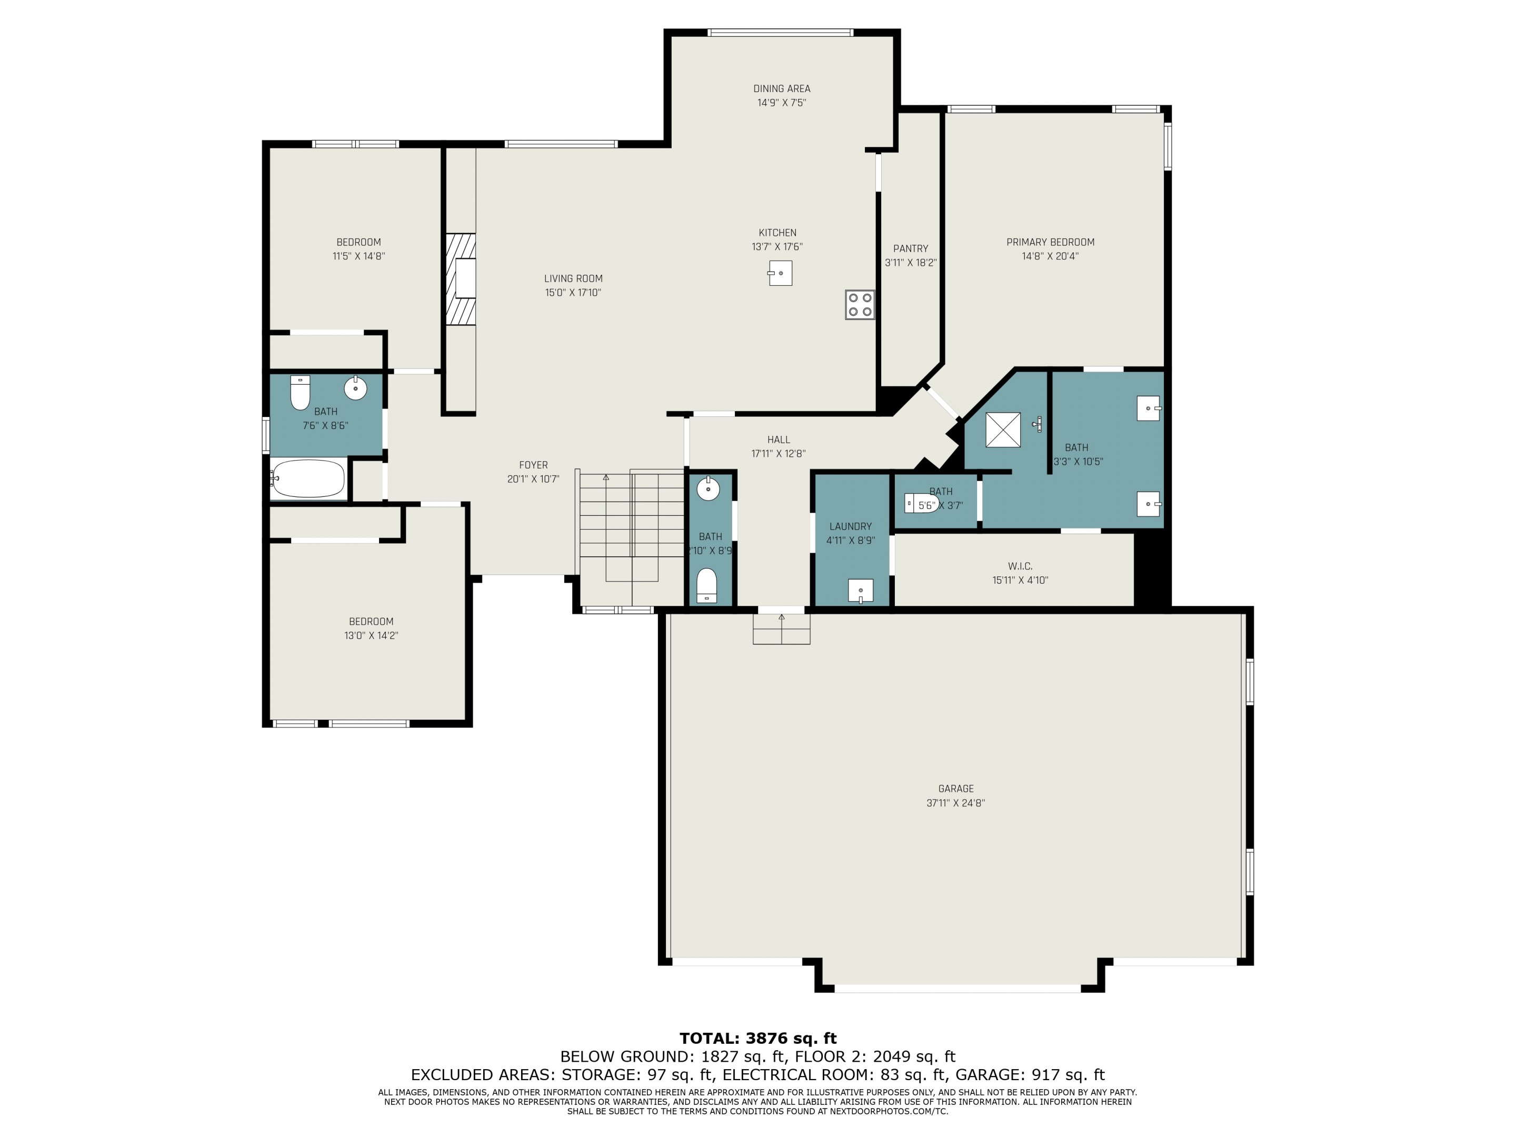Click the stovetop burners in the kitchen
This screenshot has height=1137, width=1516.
[x=860, y=305]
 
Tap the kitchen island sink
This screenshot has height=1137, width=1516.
[x=780, y=273]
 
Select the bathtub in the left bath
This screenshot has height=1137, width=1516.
[x=308, y=478]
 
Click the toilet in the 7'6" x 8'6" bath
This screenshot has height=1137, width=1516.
[x=300, y=393]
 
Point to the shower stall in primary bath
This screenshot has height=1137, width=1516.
[x=1003, y=430]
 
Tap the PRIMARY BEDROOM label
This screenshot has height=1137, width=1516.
[x=1050, y=242]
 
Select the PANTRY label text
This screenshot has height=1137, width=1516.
[x=910, y=249]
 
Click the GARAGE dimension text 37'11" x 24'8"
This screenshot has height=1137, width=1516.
[x=955, y=803]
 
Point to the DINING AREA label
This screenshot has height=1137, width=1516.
[x=781, y=88]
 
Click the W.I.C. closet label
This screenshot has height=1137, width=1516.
[x=1020, y=566]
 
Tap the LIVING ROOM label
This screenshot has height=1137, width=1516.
[x=573, y=278]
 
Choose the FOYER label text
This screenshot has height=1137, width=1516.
[x=533, y=465]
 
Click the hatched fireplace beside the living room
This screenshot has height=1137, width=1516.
[x=461, y=279]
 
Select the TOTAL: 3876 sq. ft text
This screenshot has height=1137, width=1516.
[x=758, y=1039]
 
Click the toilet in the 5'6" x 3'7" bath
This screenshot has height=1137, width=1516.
[x=921, y=504]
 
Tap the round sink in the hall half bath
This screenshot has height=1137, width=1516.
[x=708, y=490]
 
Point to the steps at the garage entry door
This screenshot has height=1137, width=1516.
[x=781, y=629]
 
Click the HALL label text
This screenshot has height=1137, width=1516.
[x=779, y=440]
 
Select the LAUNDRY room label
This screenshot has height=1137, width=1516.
[x=851, y=526]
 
